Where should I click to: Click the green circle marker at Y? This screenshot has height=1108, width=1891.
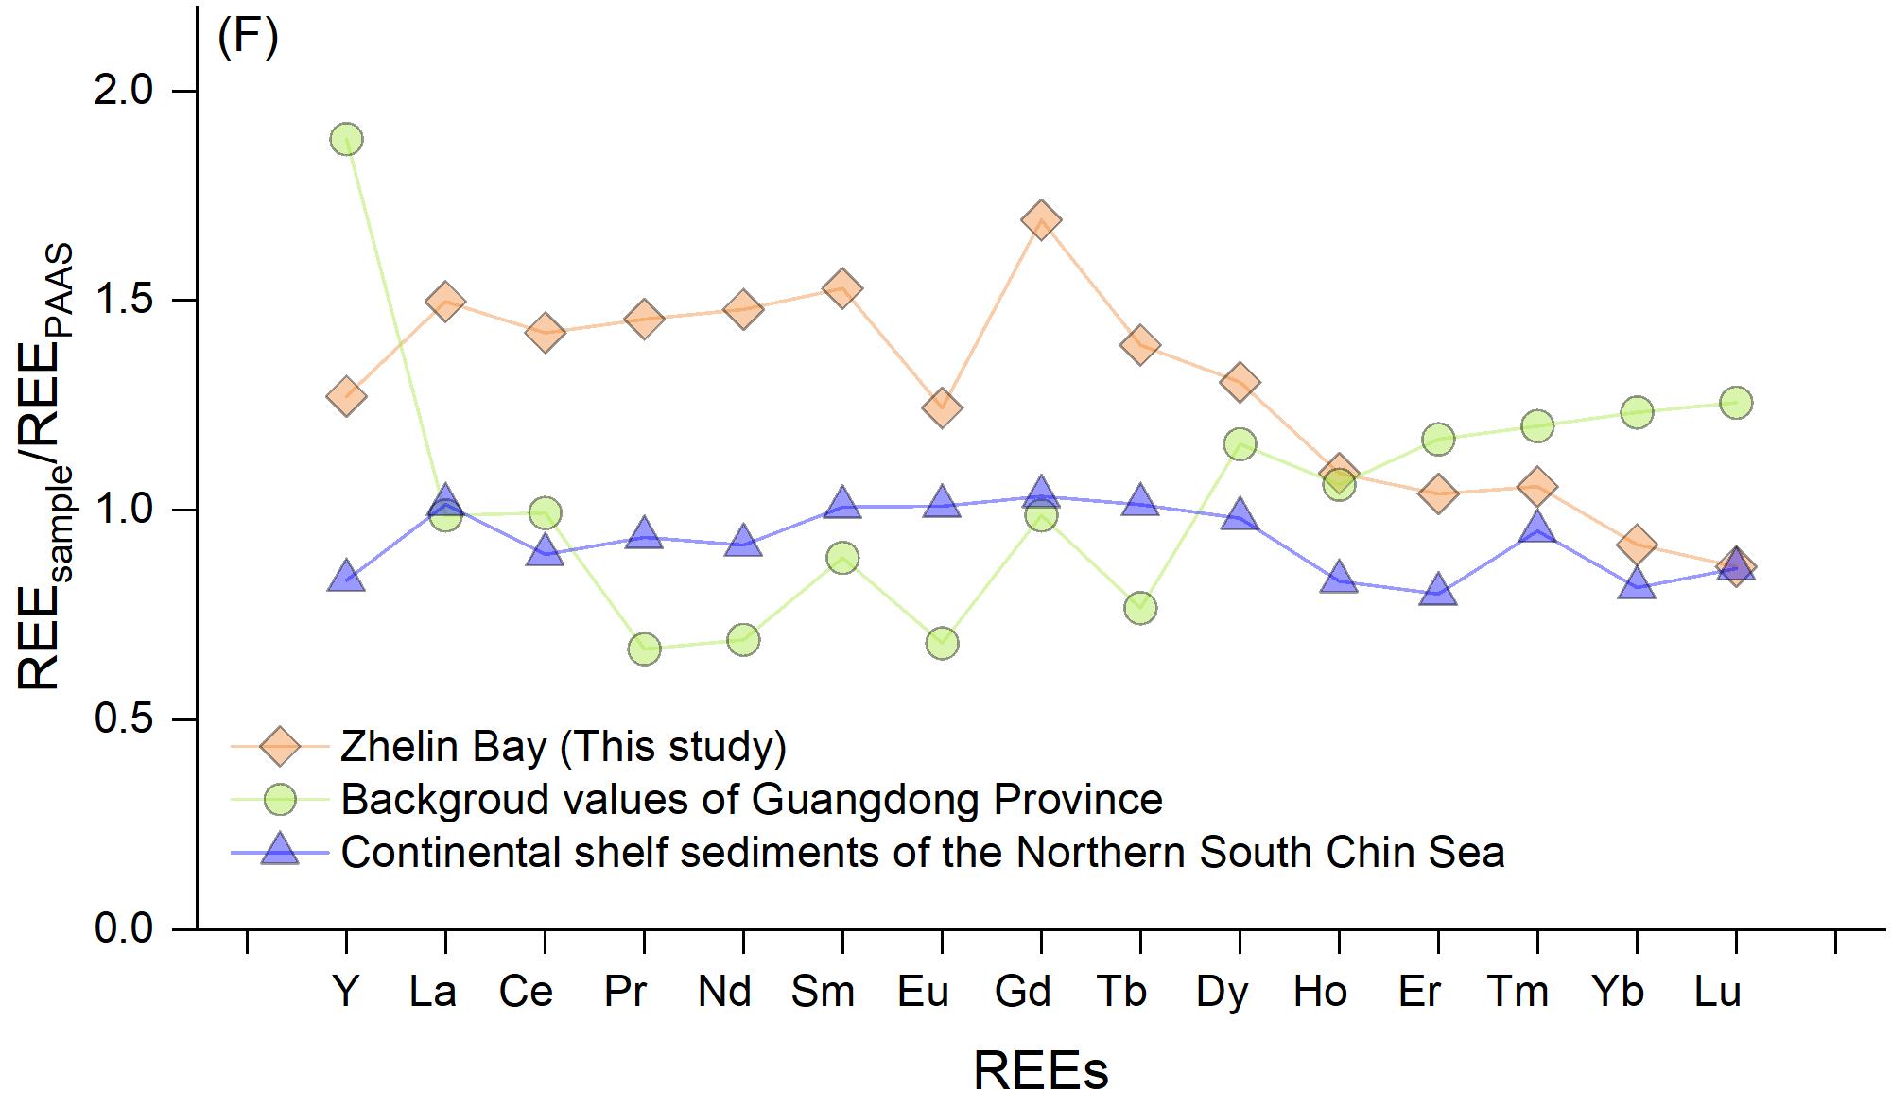(346, 139)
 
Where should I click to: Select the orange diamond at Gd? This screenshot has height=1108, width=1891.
(1041, 220)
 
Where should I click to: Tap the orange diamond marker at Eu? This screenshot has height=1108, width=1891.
(942, 407)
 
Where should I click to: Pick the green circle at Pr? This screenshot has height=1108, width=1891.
(644, 649)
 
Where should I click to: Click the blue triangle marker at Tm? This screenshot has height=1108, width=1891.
(1537, 528)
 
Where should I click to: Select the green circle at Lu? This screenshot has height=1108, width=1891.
(1736, 403)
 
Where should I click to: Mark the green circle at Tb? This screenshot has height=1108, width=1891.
(1140, 608)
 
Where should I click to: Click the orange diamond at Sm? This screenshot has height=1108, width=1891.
(842, 288)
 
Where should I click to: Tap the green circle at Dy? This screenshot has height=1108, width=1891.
(1240, 443)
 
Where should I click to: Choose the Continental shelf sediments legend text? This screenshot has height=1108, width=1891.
(923, 852)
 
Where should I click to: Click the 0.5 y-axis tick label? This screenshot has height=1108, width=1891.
(124, 719)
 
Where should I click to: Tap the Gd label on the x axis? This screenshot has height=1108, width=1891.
(1023, 991)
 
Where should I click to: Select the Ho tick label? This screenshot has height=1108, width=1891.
(1320, 991)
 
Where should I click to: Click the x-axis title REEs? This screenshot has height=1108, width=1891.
(1041, 1070)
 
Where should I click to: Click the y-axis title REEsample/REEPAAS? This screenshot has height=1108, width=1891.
(43, 467)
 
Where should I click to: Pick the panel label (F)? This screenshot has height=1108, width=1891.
(248, 39)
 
